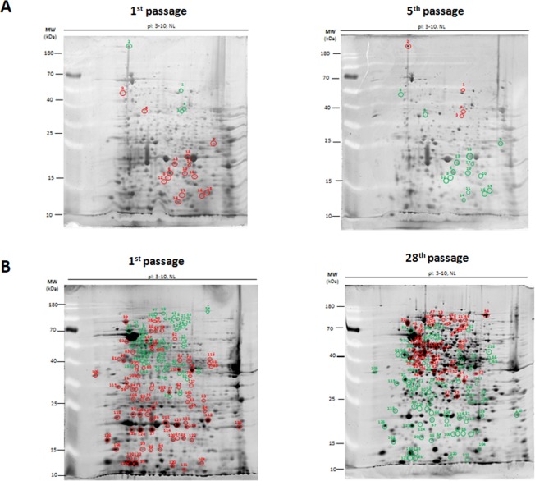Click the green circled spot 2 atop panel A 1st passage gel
(x=129, y=46)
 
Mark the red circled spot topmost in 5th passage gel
(x=408, y=46)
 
